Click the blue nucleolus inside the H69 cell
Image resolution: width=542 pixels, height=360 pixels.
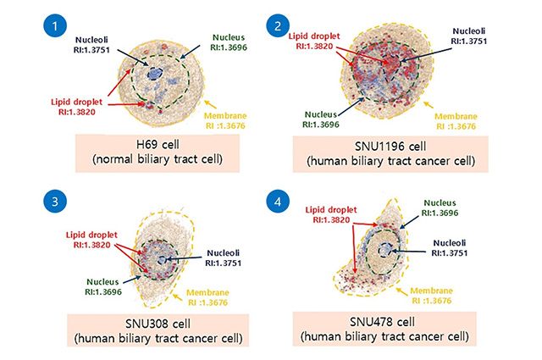[155, 75]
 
